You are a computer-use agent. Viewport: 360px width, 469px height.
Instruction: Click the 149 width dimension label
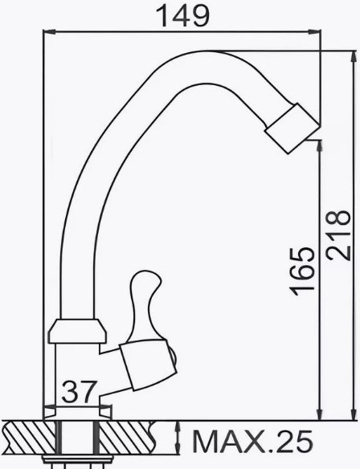pos(183,16)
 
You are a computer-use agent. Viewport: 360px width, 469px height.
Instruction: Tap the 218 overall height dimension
pos(338,235)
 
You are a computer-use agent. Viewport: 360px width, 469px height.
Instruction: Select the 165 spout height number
pos(302,272)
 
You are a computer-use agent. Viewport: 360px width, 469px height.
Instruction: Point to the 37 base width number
pos(80,391)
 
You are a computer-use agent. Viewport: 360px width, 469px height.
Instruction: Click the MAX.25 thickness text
pos(253,442)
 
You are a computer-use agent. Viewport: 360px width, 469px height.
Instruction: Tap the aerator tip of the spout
pos(292,128)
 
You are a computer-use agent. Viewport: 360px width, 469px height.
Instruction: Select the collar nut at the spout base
pos(77,331)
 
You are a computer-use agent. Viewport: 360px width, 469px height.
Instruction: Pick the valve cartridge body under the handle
pos(147,365)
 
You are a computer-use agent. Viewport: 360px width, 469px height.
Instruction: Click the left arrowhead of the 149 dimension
pos(49,31)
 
